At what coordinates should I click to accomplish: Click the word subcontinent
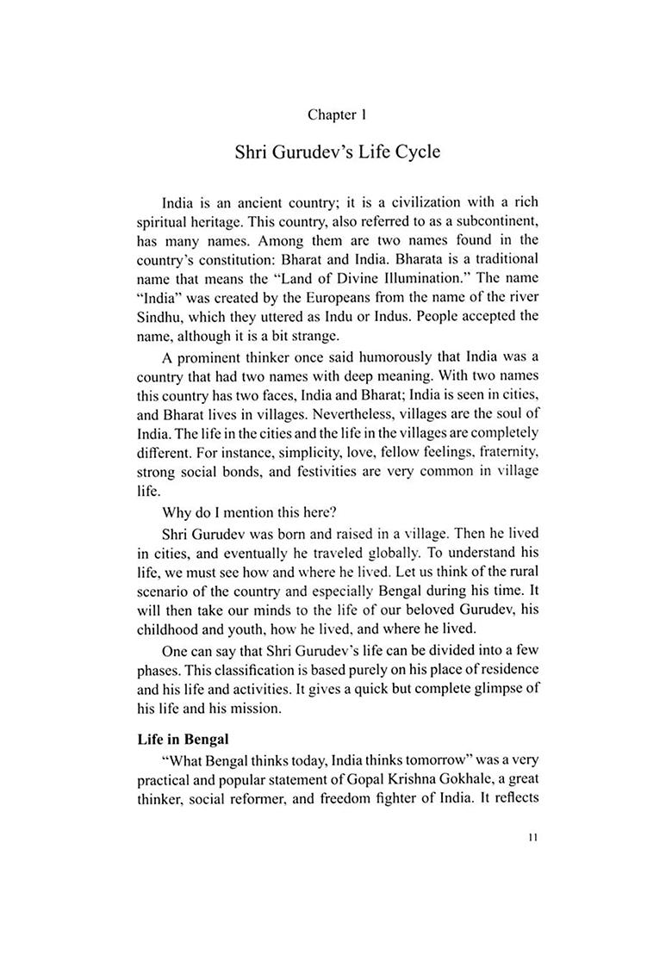pyautogui.click(x=488, y=221)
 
